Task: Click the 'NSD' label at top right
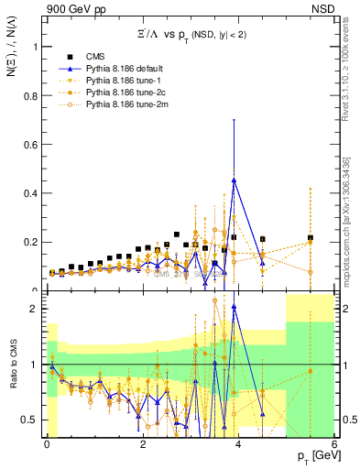322,8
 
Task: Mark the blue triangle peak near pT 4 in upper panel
235,180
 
